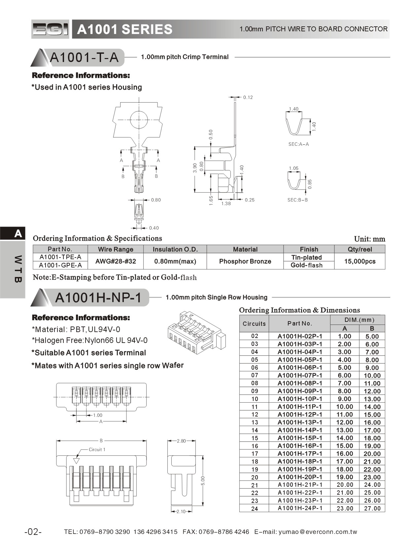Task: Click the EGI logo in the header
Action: point(50,29)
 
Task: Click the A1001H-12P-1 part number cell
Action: point(299,415)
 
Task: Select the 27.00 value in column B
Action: point(372,509)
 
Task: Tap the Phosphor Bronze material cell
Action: point(245,262)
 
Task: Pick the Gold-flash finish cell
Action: point(306,265)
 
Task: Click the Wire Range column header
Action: point(116,249)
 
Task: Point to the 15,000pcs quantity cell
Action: point(360,262)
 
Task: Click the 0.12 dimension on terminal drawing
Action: point(248,97)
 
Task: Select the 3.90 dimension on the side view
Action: point(195,168)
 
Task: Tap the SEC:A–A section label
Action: point(298,144)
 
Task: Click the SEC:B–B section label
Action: point(297,200)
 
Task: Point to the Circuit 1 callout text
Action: point(97,449)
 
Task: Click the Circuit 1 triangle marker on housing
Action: point(77,461)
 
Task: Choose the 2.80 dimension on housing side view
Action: point(181,441)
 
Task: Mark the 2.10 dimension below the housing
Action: point(181,511)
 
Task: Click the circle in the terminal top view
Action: point(139,120)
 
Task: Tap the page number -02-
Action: point(33,532)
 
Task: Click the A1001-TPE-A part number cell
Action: point(60,257)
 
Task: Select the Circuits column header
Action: point(254,324)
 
